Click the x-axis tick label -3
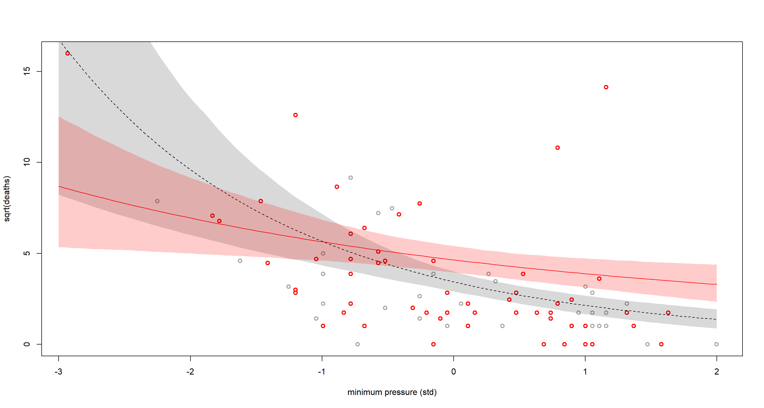58,371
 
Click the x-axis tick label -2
190,371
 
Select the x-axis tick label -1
322,371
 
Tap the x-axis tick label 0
453,371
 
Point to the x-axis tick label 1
585,371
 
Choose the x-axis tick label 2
717,371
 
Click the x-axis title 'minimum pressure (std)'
392,392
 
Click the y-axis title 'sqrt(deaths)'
7,199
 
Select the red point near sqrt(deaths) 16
68,53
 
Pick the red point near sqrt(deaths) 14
606,87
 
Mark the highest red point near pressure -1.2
296,115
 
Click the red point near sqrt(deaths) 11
558,148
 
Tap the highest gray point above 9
350,178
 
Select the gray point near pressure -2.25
157,201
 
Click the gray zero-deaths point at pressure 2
717,344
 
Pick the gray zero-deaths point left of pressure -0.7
357,344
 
